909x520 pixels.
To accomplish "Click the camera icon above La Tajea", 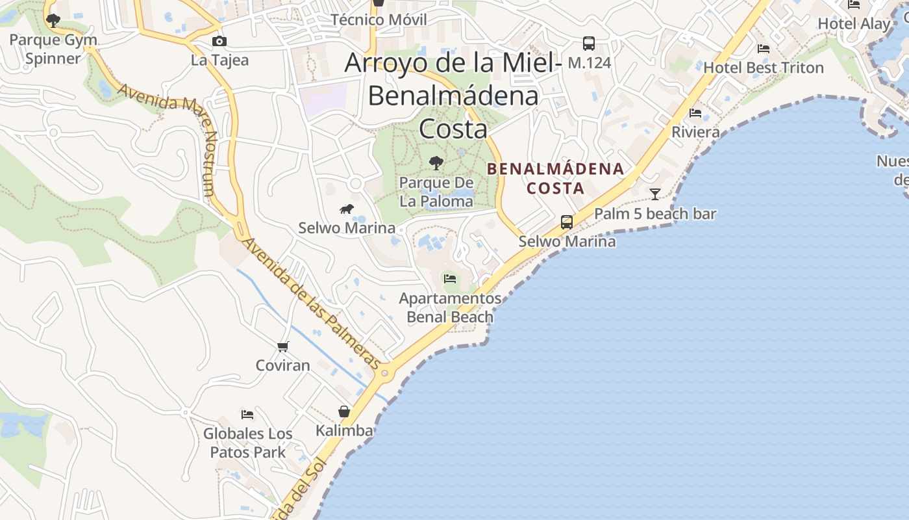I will (x=219, y=42).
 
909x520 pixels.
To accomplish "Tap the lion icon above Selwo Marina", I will (x=347, y=209).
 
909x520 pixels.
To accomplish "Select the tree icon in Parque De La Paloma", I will (x=436, y=162).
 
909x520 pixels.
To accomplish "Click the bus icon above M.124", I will (x=589, y=44).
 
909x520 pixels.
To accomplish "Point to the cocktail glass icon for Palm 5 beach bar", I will (x=655, y=194).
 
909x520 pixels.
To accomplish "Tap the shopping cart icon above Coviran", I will (x=282, y=346).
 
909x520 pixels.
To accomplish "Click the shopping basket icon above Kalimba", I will (x=344, y=411).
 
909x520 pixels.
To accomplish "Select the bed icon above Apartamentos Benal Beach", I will (x=449, y=279).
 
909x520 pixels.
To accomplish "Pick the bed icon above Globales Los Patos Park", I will (x=247, y=414).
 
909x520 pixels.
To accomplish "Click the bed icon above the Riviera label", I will (x=695, y=113).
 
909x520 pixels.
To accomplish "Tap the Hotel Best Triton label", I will (x=763, y=68).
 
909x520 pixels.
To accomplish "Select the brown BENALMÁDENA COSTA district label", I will (x=555, y=179).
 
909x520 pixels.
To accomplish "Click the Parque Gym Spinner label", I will (x=53, y=49).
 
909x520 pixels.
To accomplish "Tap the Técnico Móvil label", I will (x=379, y=19).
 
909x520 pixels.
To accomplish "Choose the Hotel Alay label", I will (x=854, y=23).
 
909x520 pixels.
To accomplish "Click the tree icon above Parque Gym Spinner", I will (x=53, y=21).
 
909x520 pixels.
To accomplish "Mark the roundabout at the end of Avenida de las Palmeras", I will (x=385, y=373).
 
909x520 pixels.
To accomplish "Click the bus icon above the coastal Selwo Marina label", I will (x=567, y=222).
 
